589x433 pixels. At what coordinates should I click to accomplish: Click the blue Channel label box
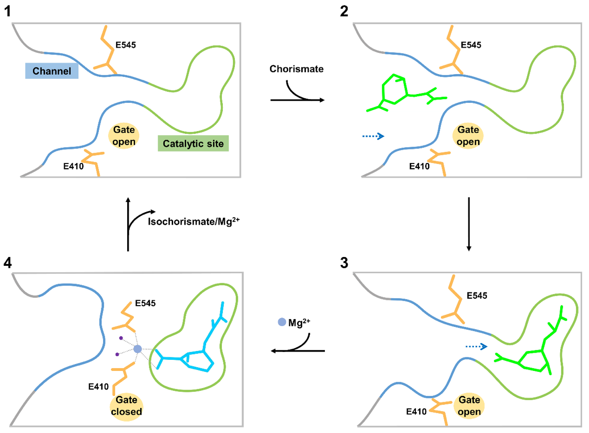click(x=52, y=71)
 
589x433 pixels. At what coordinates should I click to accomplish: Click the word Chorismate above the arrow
click(x=296, y=69)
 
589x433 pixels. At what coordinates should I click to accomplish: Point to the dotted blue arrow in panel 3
click(x=476, y=346)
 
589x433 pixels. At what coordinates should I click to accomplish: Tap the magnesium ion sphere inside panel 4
click(x=138, y=349)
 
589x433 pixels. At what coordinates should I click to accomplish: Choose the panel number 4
click(x=8, y=262)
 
